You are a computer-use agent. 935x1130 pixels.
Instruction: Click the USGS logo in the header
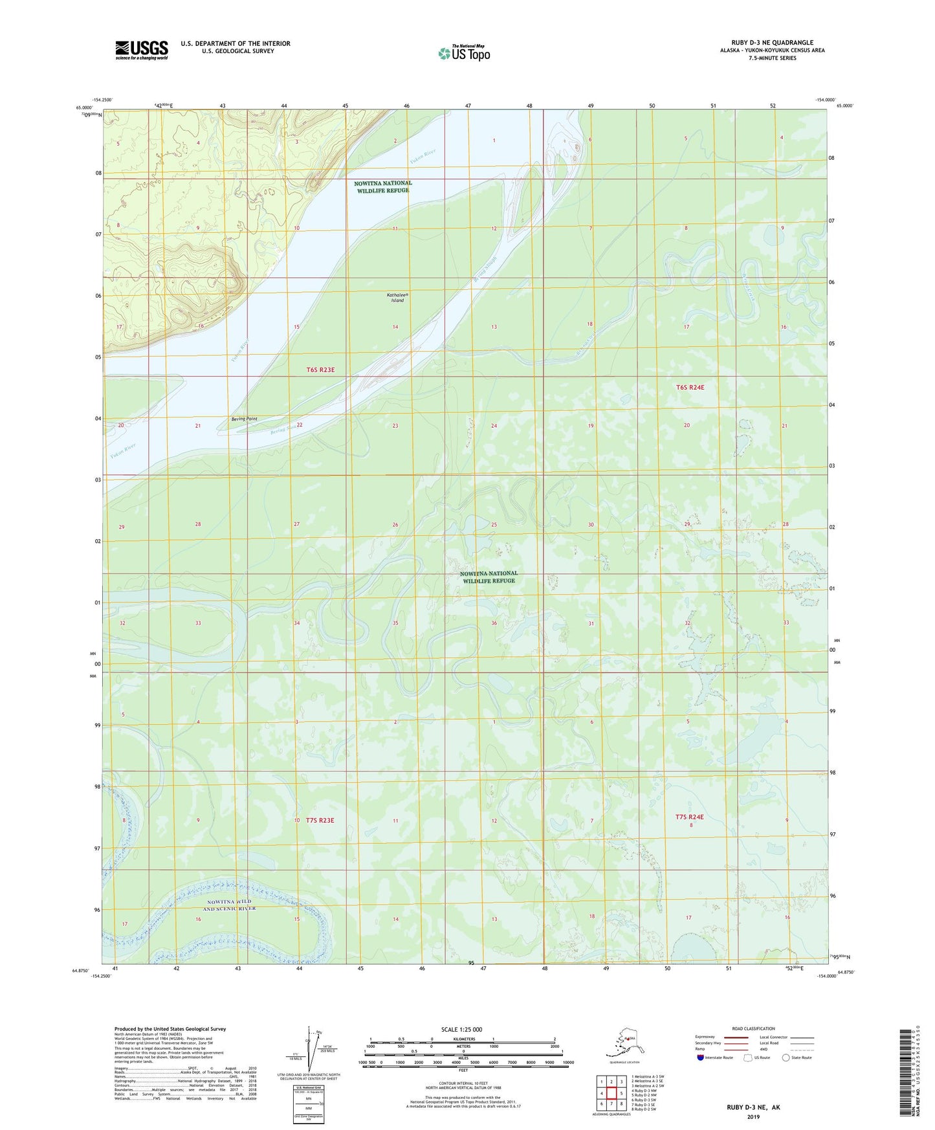coord(141,50)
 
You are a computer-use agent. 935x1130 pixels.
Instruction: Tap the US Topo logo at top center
coord(463,53)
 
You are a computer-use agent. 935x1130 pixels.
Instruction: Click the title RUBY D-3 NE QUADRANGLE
coord(772,43)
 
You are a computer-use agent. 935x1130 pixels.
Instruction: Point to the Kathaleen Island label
coord(397,298)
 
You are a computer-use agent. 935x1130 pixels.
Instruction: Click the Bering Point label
coord(245,419)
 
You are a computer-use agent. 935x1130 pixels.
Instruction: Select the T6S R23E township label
coord(320,370)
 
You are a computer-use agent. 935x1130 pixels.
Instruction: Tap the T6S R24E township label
coord(690,387)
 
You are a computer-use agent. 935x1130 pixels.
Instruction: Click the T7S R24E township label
coord(689,817)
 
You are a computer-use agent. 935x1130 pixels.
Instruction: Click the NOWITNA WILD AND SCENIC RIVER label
coord(231,905)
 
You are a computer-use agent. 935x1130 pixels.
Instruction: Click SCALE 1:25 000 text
coord(462,1029)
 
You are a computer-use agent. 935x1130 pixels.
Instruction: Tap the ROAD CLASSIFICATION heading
coord(753,1028)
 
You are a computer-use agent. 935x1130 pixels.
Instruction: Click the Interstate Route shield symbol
coord(701,1058)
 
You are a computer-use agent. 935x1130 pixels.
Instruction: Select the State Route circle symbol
coord(786,1058)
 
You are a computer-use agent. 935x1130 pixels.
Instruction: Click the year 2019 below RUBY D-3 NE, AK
coord(753,1117)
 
